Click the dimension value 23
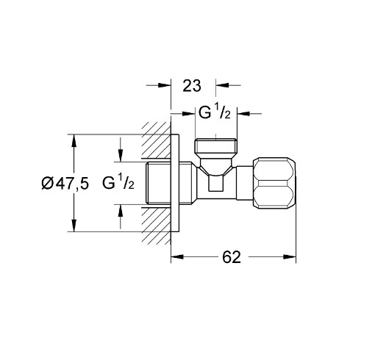[x=191, y=85]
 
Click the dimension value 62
[x=231, y=257]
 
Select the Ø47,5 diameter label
[x=65, y=184]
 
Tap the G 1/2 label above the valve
[x=215, y=113]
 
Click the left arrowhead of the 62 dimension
[x=176, y=257]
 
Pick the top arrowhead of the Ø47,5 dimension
[x=74, y=140]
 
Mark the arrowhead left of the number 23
[x=165, y=85]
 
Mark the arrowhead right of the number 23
[x=220, y=85]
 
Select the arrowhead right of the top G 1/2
[x=243, y=113]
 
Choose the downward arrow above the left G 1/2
[x=118, y=156]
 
